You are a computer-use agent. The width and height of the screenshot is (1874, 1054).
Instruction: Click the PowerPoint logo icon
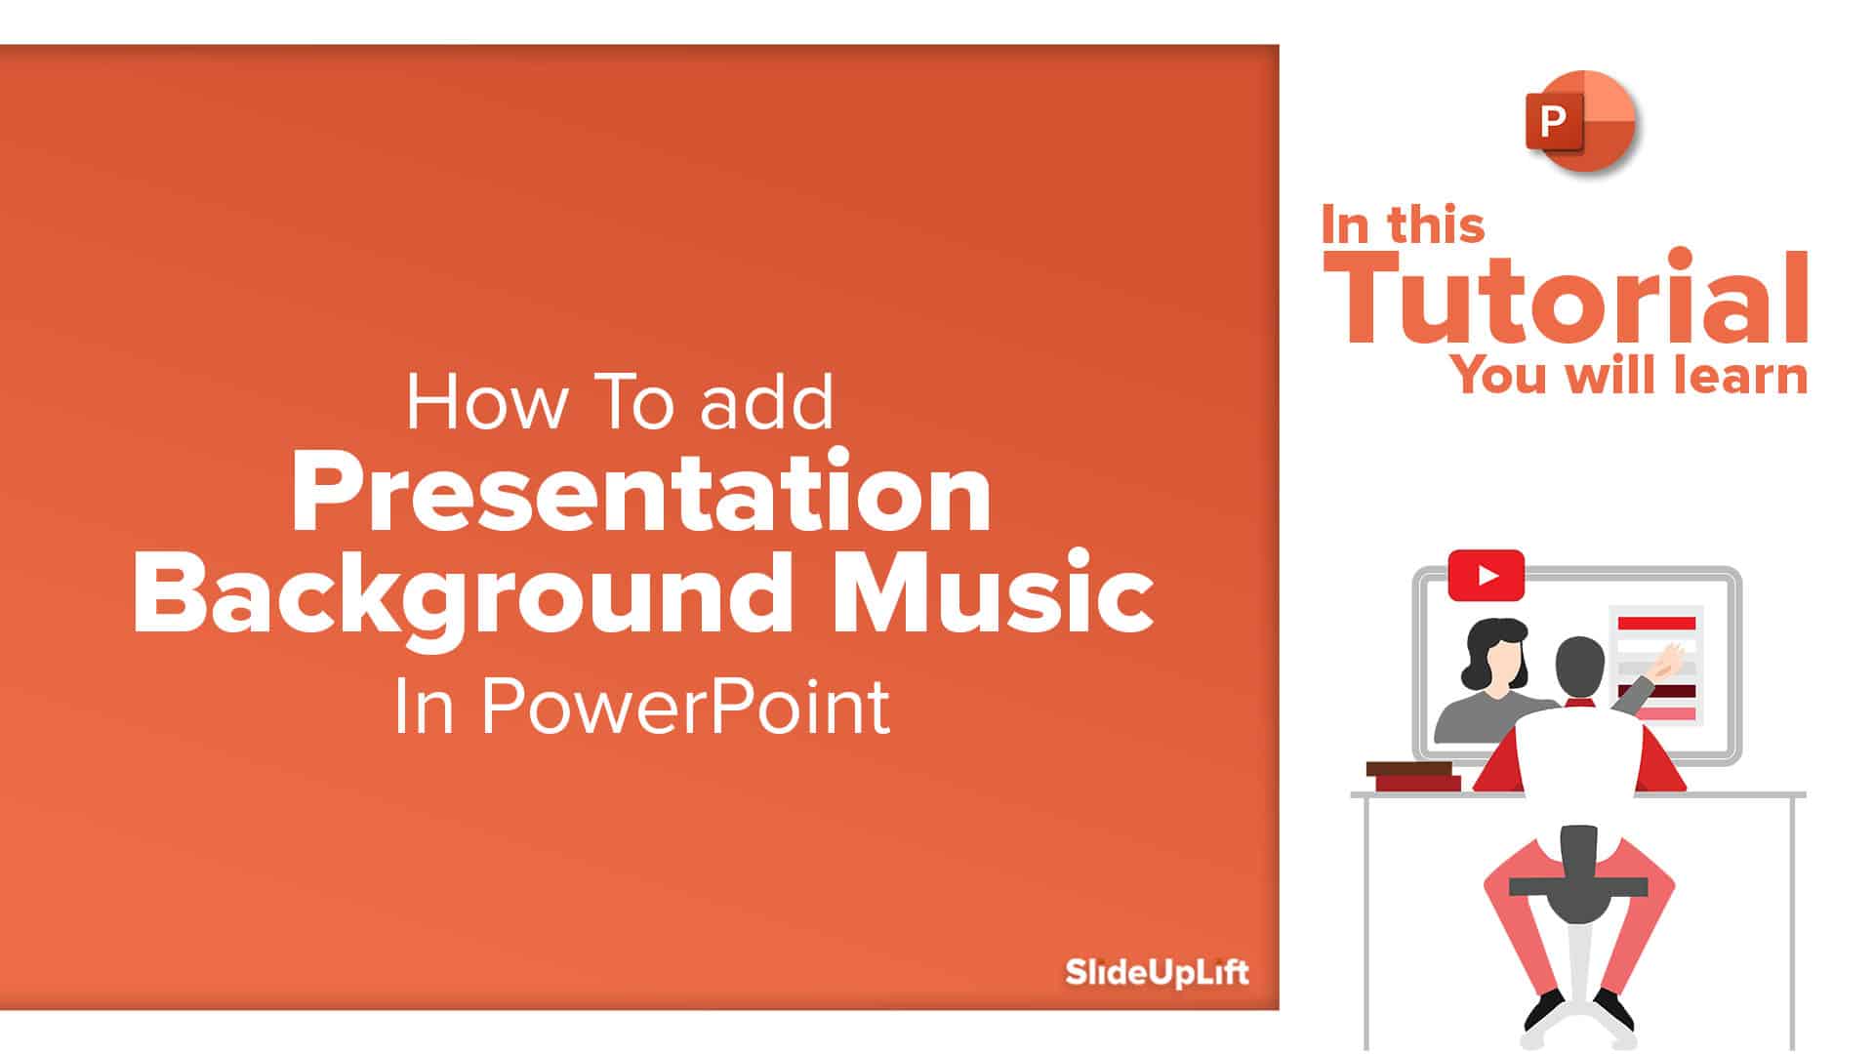(x=1580, y=121)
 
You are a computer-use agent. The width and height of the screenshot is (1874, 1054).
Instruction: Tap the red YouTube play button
(x=1487, y=576)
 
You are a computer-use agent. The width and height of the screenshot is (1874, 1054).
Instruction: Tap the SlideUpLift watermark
(x=1157, y=972)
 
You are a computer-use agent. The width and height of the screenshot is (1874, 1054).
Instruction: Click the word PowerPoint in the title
(x=684, y=706)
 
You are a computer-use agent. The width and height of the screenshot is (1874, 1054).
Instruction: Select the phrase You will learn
(x=1629, y=376)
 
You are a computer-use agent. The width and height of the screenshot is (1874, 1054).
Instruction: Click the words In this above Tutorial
(x=1403, y=224)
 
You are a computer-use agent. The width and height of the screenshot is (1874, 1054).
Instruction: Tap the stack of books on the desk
(x=1413, y=777)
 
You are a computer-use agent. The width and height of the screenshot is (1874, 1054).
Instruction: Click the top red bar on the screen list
(x=1656, y=623)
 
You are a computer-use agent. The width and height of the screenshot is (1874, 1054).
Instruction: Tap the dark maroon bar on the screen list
(x=1656, y=692)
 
